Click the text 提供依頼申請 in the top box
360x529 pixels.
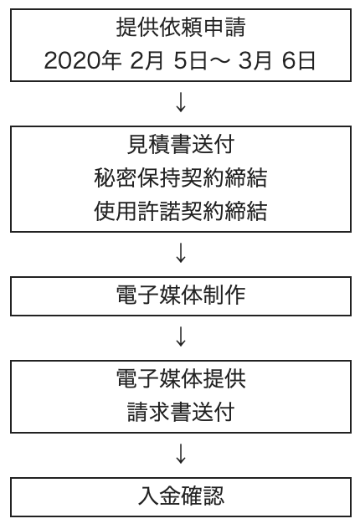tap(181, 28)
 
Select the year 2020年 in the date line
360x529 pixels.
tap(83, 61)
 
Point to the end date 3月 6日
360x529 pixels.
tap(277, 61)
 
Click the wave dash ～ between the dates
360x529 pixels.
tap(220, 61)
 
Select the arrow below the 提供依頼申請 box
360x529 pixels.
tap(181, 102)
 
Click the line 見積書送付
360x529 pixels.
tap(181, 145)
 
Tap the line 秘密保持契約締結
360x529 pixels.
tap(181, 177)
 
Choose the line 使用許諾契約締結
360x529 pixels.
tap(181, 211)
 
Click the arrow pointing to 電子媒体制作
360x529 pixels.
tap(181, 253)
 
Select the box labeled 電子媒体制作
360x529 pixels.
tap(181, 296)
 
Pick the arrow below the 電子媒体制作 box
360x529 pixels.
tap(181, 336)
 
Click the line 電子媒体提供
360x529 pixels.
tap(181, 378)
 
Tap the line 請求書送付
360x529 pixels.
tap(181, 412)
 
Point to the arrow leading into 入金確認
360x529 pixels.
tap(181, 454)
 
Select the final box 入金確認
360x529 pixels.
tap(181, 497)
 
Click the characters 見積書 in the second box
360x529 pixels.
tap(159, 145)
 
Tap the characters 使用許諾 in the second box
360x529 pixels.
tap(137, 211)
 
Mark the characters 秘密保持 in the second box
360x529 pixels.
tap(137, 177)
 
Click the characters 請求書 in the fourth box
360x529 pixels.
tap(159, 412)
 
